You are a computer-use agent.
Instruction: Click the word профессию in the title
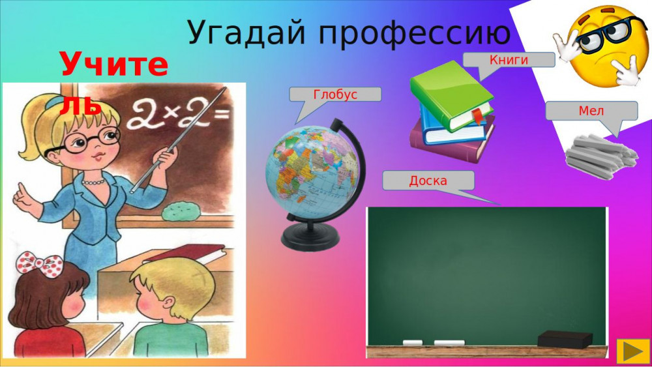[415, 33]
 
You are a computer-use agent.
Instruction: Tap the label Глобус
[335, 95]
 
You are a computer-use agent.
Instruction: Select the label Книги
[509, 60]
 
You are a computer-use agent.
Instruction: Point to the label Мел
[591, 111]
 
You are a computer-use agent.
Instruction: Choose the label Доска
[428, 181]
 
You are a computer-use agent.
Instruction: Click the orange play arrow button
[633, 351]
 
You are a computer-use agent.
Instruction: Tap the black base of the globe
[310, 237]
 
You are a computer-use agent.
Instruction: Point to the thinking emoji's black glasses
[605, 35]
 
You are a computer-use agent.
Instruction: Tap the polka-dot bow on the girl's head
[40, 264]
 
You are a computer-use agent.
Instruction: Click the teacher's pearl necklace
[93, 182]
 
